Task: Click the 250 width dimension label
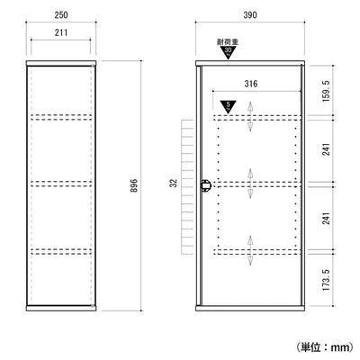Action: tap(61, 15)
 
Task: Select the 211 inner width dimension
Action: tap(61, 32)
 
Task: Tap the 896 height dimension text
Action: tap(134, 185)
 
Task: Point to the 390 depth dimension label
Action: tap(250, 15)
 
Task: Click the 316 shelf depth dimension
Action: tap(251, 84)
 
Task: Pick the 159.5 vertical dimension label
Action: tap(326, 91)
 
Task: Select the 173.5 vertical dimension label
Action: tap(326, 280)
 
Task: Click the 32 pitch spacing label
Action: tap(174, 183)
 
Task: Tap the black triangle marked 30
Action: tap(229, 52)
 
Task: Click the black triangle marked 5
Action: tap(229, 106)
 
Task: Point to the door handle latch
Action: tap(206, 186)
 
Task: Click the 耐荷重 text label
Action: tap(228, 42)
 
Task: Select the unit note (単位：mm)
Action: tap(325, 347)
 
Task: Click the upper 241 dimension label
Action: tap(326, 149)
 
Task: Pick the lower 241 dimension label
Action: tap(326, 218)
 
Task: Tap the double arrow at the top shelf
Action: tap(250, 117)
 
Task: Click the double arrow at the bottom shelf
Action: tap(250, 250)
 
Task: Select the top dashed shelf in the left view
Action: tap(61, 117)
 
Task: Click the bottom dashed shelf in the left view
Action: tap(61, 251)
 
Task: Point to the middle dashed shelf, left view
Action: tap(61, 184)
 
